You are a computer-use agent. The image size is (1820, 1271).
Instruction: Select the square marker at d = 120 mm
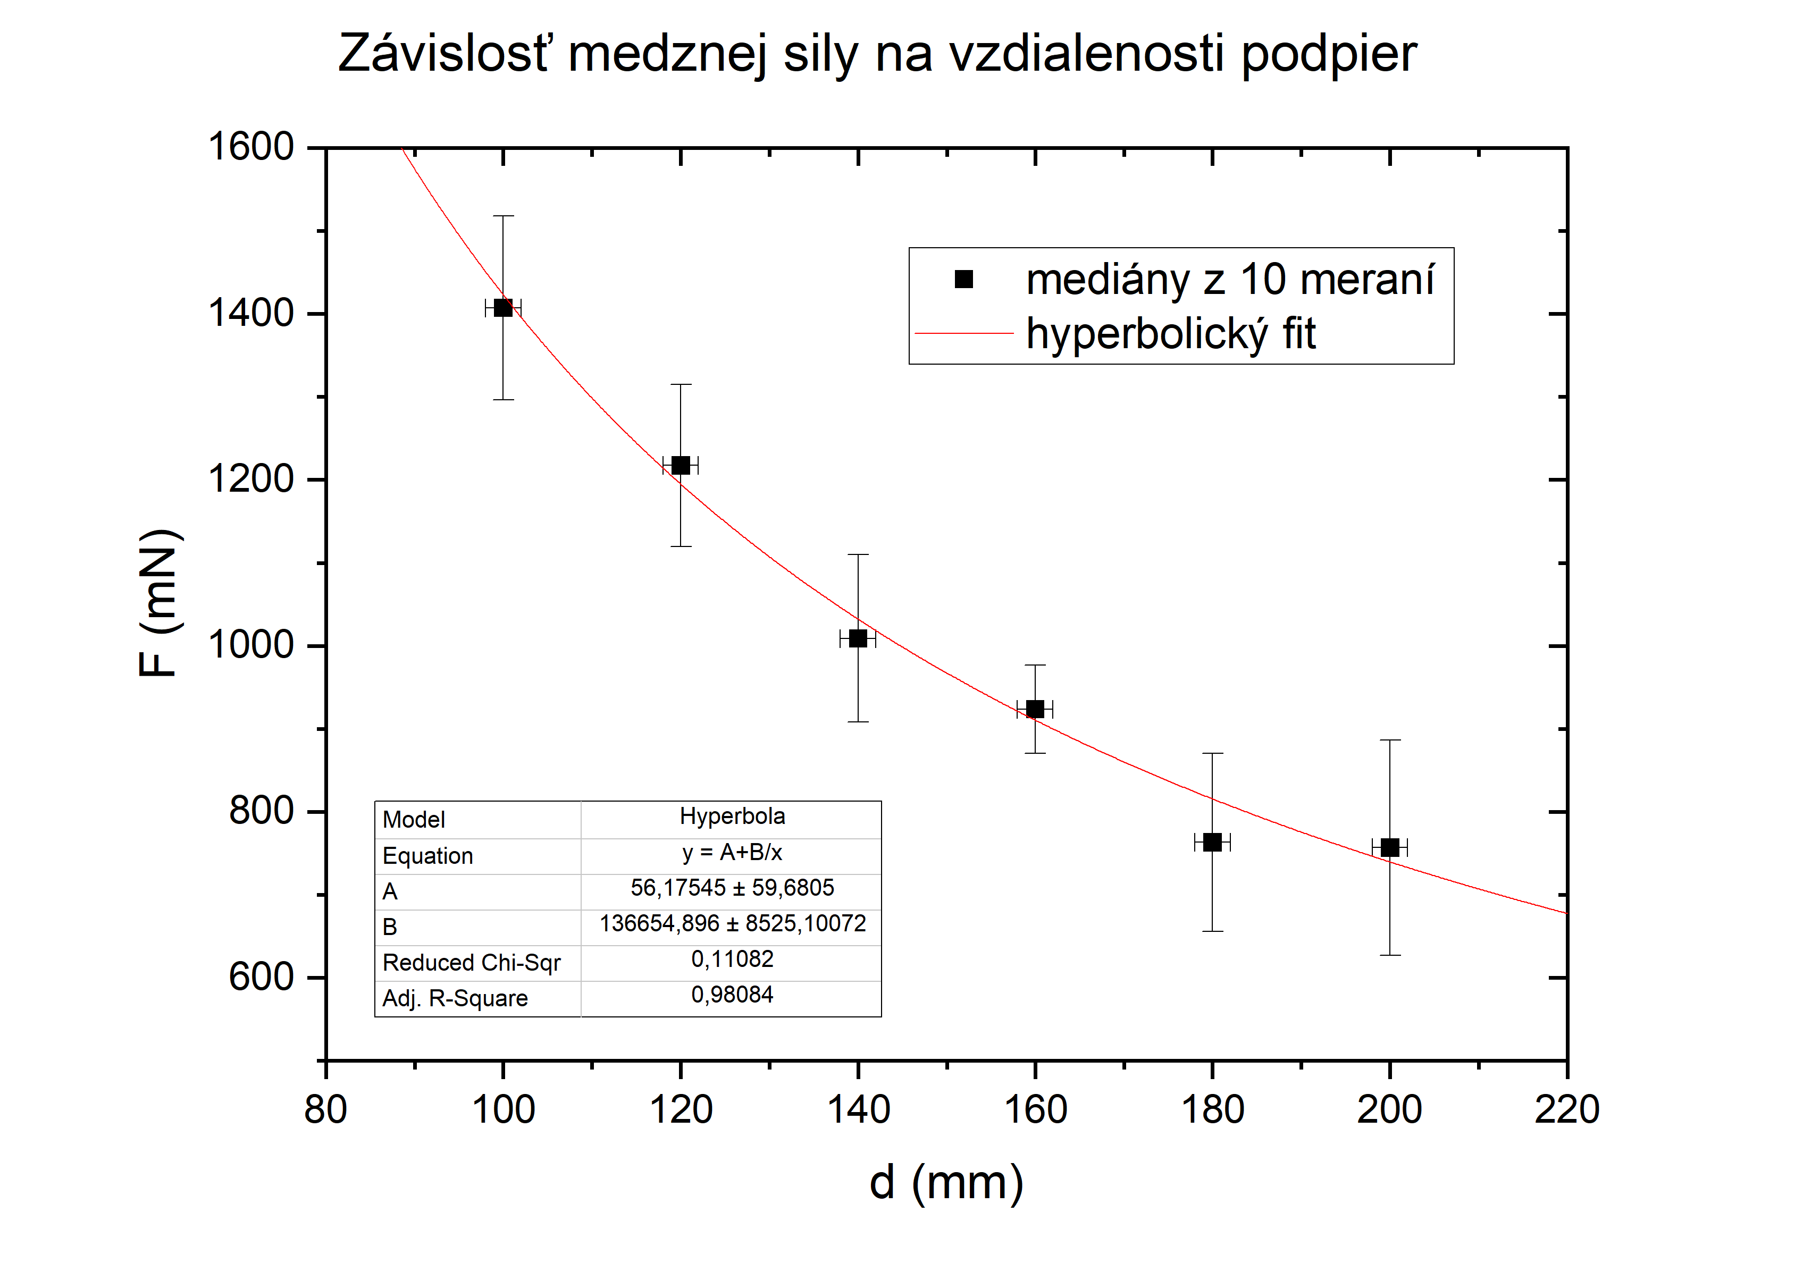(x=680, y=465)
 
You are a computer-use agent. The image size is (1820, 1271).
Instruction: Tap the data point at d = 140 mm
(x=858, y=638)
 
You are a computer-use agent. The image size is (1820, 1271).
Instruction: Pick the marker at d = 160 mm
(x=1035, y=709)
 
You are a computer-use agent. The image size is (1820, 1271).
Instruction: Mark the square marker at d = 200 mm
(x=1389, y=848)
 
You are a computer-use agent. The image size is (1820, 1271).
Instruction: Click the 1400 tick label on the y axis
(x=250, y=314)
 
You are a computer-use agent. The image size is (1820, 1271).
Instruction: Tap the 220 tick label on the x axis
(x=1566, y=1110)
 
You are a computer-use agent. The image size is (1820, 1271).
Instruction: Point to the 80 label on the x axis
(x=326, y=1110)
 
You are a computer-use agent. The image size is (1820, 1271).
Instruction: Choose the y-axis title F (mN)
(x=158, y=603)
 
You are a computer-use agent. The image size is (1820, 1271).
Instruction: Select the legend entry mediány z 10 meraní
(x=1229, y=280)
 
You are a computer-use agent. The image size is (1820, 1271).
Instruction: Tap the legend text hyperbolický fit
(x=1171, y=334)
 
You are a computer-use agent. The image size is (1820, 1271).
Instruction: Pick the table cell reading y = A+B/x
(x=732, y=853)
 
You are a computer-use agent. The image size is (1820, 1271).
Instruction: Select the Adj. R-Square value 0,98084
(x=732, y=995)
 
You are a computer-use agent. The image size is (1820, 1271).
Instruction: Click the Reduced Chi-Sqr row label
(x=471, y=963)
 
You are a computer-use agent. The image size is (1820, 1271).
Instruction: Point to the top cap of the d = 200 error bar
(x=1389, y=740)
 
